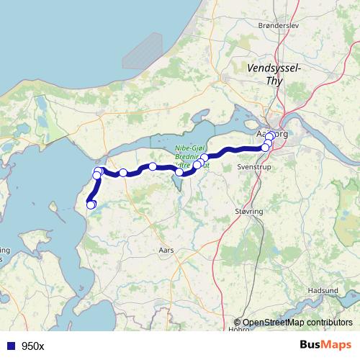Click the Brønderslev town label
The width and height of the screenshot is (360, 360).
point(277,25)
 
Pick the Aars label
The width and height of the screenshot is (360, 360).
point(166,250)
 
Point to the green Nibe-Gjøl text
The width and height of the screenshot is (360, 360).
point(192,148)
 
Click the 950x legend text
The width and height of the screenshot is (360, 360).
point(33,346)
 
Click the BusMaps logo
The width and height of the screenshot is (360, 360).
point(326,346)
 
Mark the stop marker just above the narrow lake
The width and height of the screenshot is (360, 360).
point(179,172)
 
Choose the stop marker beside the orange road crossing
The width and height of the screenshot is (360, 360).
point(123,173)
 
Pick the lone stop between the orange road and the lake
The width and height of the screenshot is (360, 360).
point(153,167)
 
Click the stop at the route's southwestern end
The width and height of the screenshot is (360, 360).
point(91,205)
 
